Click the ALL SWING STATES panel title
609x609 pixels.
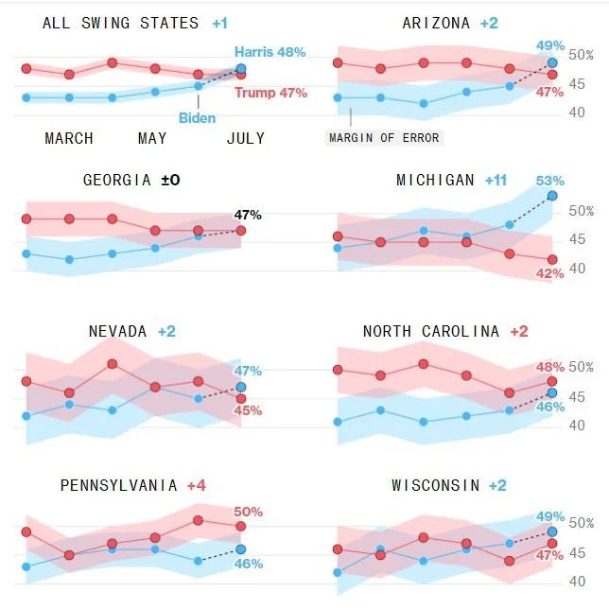[120, 23]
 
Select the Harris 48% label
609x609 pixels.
[270, 52]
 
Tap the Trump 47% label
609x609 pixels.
[270, 93]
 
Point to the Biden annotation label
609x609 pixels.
[197, 118]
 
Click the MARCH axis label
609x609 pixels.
[69, 139]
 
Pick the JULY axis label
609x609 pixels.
[245, 139]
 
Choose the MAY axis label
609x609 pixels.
[152, 139]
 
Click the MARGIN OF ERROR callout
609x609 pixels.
[385, 138]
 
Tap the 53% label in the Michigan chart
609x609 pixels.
[549, 181]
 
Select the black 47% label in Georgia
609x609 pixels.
[248, 215]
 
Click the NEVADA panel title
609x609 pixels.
[117, 331]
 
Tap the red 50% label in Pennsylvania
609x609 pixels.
[248, 512]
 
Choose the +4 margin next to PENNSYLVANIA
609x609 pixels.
[196, 485]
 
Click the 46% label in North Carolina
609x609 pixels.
[549, 407]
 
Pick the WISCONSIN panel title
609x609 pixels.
[436, 485]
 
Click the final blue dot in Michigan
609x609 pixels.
[553, 196]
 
